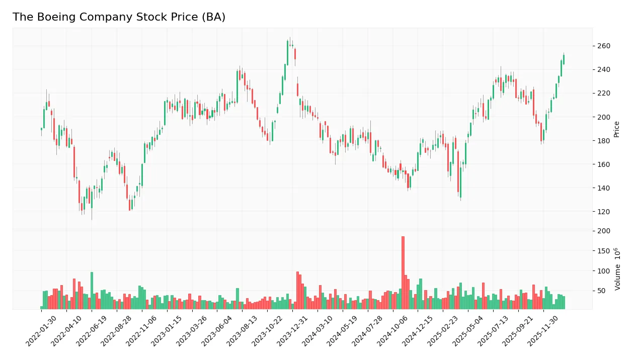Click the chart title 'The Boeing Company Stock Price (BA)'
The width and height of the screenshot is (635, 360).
click(119, 17)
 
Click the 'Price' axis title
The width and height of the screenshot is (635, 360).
click(617, 129)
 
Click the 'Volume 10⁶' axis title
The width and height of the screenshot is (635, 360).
click(617, 268)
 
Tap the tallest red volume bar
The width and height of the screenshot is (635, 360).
click(403, 272)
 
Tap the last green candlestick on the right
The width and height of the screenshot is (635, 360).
click(564, 59)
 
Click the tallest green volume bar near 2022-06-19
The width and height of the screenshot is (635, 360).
click(92, 290)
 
